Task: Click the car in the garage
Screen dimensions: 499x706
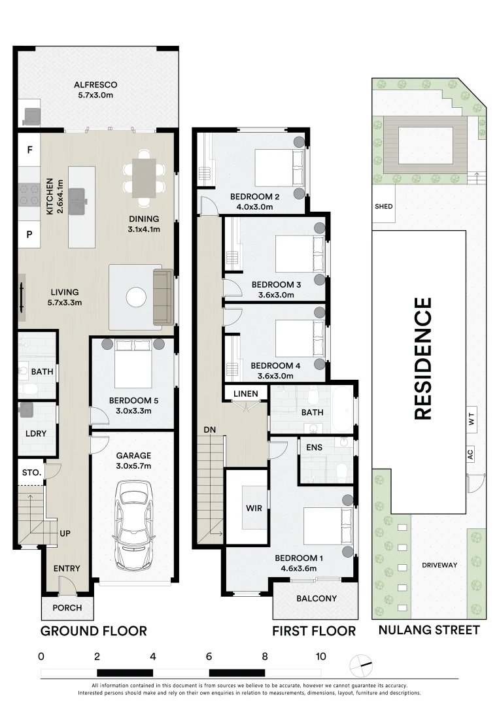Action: pos(134,526)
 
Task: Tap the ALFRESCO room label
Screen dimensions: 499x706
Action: pos(95,84)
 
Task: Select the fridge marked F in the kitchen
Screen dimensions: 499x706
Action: pos(29,150)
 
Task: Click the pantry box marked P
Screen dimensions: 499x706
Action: pos(29,234)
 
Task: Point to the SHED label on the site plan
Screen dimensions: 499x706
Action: pos(384,206)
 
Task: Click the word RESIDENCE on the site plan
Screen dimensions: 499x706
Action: pos(423,359)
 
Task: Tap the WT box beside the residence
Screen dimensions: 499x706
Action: pos(472,420)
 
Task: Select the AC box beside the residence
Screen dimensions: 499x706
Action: pos(471,454)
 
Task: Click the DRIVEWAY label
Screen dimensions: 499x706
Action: pos(439,565)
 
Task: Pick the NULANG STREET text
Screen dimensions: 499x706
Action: pos(429,630)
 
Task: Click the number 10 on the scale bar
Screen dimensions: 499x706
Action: pos(320,656)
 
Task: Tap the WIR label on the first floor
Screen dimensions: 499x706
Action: pos(254,509)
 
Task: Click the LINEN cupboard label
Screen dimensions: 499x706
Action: pos(246,394)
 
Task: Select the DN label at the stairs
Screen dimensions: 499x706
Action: pos(210,429)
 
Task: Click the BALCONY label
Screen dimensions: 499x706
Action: pos(317,598)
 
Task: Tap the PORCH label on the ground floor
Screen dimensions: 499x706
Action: pos(67,608)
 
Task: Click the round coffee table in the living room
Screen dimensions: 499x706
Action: pos(136,297)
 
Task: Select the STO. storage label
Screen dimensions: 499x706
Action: pos(31,473)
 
